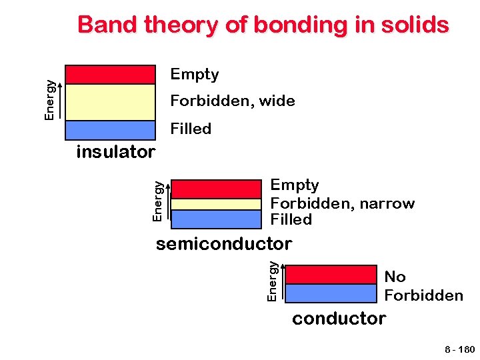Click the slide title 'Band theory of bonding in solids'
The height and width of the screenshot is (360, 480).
[263, 25]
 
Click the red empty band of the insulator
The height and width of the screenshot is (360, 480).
[110, 74]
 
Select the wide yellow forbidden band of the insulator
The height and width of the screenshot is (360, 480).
[110, 102]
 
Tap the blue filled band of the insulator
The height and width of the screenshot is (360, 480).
[110, 130]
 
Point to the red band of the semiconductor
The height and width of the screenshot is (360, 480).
[216, 189]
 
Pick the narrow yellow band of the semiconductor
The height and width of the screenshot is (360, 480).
[216, 204]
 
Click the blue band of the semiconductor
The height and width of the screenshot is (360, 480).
[216, 219]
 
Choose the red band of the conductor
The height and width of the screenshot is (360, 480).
[331, 275]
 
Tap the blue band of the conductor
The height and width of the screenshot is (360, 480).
[331, 293]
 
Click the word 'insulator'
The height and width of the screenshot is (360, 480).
[116, 152]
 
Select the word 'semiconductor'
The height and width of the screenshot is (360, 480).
[224, 244]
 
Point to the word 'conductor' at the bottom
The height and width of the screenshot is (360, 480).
[339, 319]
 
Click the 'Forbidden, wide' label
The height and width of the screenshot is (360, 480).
[233, 101]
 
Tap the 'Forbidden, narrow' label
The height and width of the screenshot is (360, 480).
[343, 203]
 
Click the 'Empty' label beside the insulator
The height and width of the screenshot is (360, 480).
[195, 74]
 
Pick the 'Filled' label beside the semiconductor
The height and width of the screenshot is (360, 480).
[291, 219]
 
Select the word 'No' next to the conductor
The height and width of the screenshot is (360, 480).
[395, 277]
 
